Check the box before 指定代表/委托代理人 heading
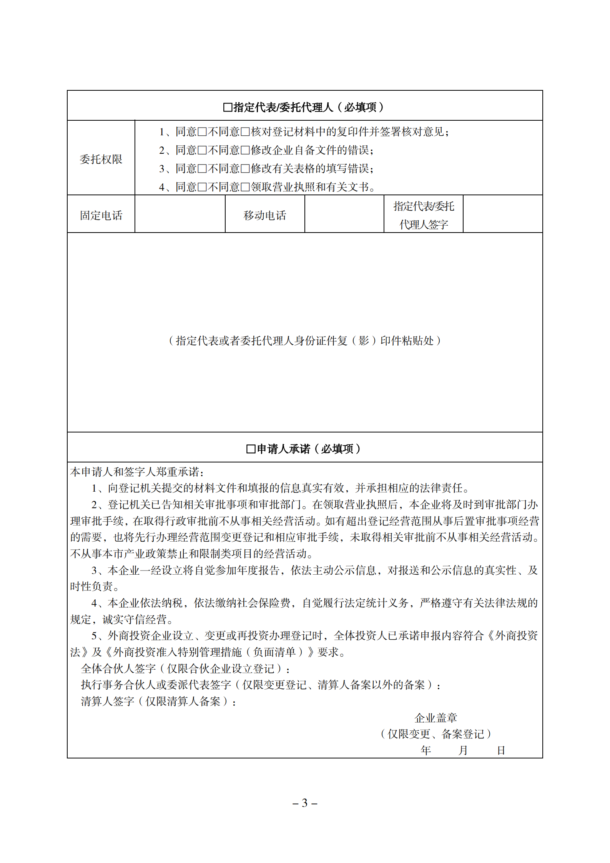[x=228, y=107]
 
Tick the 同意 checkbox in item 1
[x=202, y=132]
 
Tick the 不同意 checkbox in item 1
[x=245, y=132]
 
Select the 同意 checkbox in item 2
[x=202, y=150]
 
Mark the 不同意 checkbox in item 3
[x=245, y=169]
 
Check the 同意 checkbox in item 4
[x=202, y=187]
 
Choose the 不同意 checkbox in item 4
[x=245, y=187]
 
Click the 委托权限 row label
[x=101, y=159]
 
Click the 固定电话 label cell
[x=101, y=215]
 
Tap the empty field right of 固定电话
[x=180, y=214]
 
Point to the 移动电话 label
[x=264, y=215]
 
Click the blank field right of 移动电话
[x=344, y=214]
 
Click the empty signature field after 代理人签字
[x=502, y=214]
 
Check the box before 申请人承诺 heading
[x=251, y=449]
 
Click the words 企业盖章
[x=435, y=718]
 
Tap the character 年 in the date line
[x=426, y=750]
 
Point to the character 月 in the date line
[x=463, y=750]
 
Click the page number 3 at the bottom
[x=305, y=803]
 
